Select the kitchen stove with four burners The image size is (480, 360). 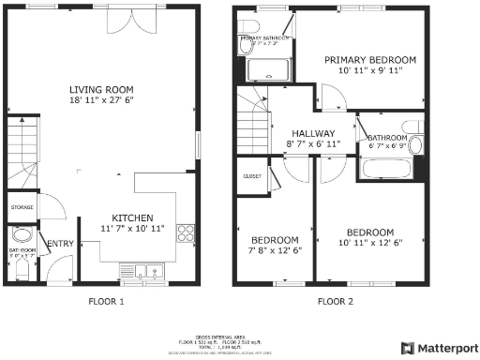pos(187,233)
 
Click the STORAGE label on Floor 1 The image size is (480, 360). pos(22,207)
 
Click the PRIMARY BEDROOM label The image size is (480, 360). pos(369,60)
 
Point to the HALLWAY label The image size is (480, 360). pos(313,133)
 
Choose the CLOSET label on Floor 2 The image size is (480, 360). pos(251,175)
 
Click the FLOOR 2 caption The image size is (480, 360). pos(335,302)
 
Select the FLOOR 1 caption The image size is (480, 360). pos(105,302)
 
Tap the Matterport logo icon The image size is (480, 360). pos(407,347)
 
